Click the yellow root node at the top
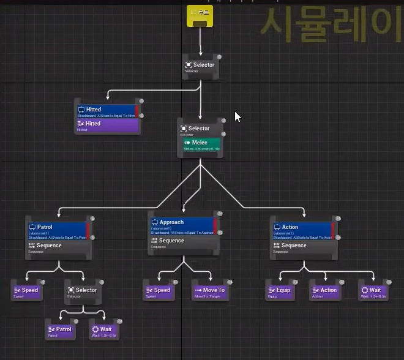[x=200, y=15]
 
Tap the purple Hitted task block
[x=105, y=124]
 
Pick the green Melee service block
[x=201, y=144]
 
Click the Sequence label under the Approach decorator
[x=171, y=241]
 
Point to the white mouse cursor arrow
[x=238, y=116]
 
